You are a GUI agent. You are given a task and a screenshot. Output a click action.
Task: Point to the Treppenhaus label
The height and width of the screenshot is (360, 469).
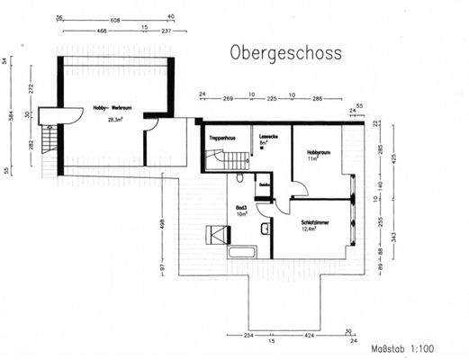[x=222, y=139]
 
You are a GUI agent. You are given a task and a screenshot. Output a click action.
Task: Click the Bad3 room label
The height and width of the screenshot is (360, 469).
[x=240, y=206]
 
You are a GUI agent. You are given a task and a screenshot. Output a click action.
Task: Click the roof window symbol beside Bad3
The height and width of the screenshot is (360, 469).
[x=219, y=236]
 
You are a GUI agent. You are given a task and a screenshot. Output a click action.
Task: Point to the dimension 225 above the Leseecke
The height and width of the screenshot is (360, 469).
[x=271, y=94]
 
